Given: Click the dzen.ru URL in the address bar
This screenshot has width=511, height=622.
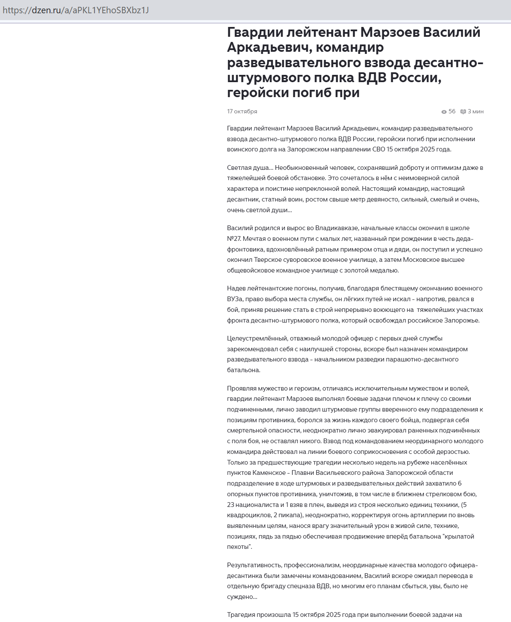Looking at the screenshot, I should pyautogui.click(x=76, y=10).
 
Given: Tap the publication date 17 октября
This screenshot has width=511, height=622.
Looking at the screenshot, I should pyautogui.click(x=242, y=112).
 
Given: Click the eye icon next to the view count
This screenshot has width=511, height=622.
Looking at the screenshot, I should pyautogui.click(x=444, y=112).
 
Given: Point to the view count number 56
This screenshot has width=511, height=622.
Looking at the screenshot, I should pyautogui.click(x=452, y=112).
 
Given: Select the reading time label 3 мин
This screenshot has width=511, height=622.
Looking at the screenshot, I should pyautogui.click(x=476, y=112).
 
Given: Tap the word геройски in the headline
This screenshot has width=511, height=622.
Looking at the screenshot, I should pyautogui.click(x=258, y=92).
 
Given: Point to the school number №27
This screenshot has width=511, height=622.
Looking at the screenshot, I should pyautogui.click(x=234, y=239).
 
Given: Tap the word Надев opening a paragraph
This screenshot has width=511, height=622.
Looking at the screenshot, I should pyautogui.click(x=236, y=288).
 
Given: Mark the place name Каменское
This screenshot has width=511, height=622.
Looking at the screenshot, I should pyautogui.click(x=269, y=473).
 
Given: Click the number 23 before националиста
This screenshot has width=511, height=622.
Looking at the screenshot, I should pyautogui.click(x=231, y=505).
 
